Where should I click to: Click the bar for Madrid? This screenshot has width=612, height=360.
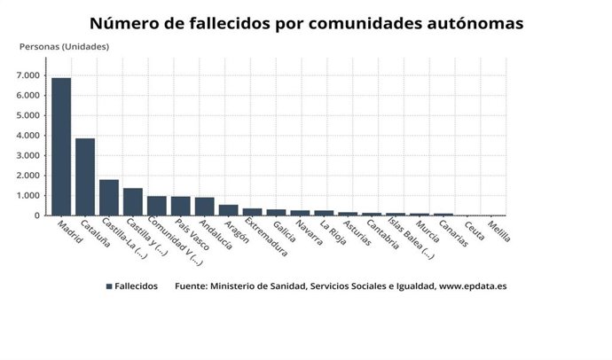[x=61, y=146]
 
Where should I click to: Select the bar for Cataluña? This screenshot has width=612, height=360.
[x=85, y=176]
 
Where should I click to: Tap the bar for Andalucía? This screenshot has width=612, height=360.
[x=204, y=206]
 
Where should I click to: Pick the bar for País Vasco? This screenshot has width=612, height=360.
[x=181, y=206]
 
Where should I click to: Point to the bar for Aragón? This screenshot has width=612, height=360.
[x=228, y=210]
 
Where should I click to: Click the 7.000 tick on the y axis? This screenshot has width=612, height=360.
[x=27, y=75]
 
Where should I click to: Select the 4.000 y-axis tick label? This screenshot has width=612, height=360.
[x=27, y=136]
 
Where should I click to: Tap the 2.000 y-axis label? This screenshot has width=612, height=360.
[x=27, y=176]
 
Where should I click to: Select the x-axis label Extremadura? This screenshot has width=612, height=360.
[x=266, y=241]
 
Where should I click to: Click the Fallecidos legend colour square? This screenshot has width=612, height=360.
[x=109, y=286]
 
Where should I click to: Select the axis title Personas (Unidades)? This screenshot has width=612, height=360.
[x=65, y=46]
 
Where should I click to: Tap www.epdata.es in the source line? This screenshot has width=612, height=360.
[x=473, y=286]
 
